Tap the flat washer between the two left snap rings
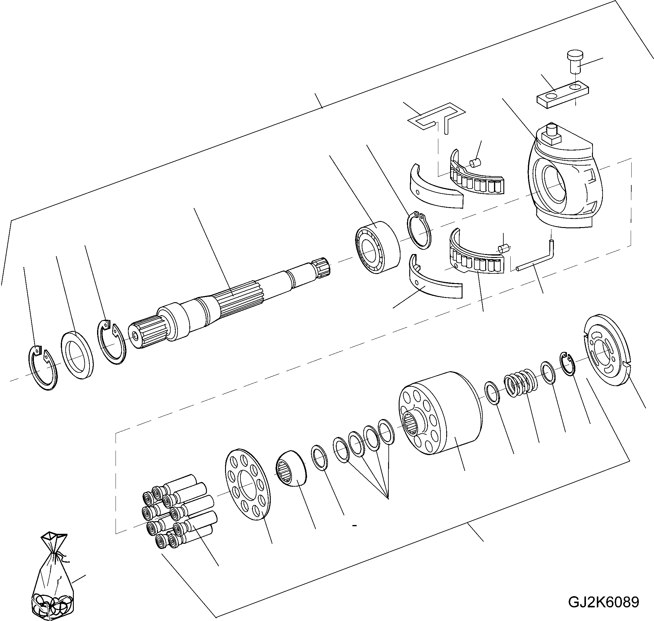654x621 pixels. point(77,354)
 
